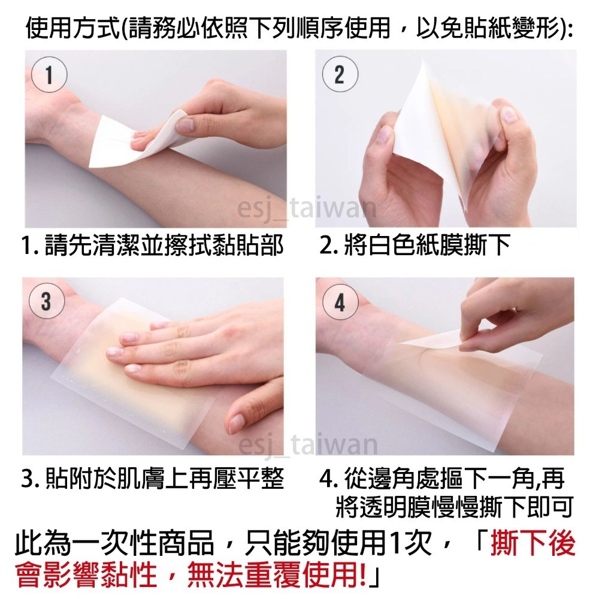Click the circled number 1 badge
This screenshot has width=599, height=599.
49,74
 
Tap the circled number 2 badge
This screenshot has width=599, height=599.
340,74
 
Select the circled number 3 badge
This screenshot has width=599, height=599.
47,301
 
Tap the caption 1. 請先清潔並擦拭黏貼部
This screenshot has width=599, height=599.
153,245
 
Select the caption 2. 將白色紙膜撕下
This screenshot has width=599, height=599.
415,245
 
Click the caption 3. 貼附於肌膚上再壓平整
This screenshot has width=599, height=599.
153,478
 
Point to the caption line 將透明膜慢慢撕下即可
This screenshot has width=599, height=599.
454,507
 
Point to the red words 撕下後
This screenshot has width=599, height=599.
533,543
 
